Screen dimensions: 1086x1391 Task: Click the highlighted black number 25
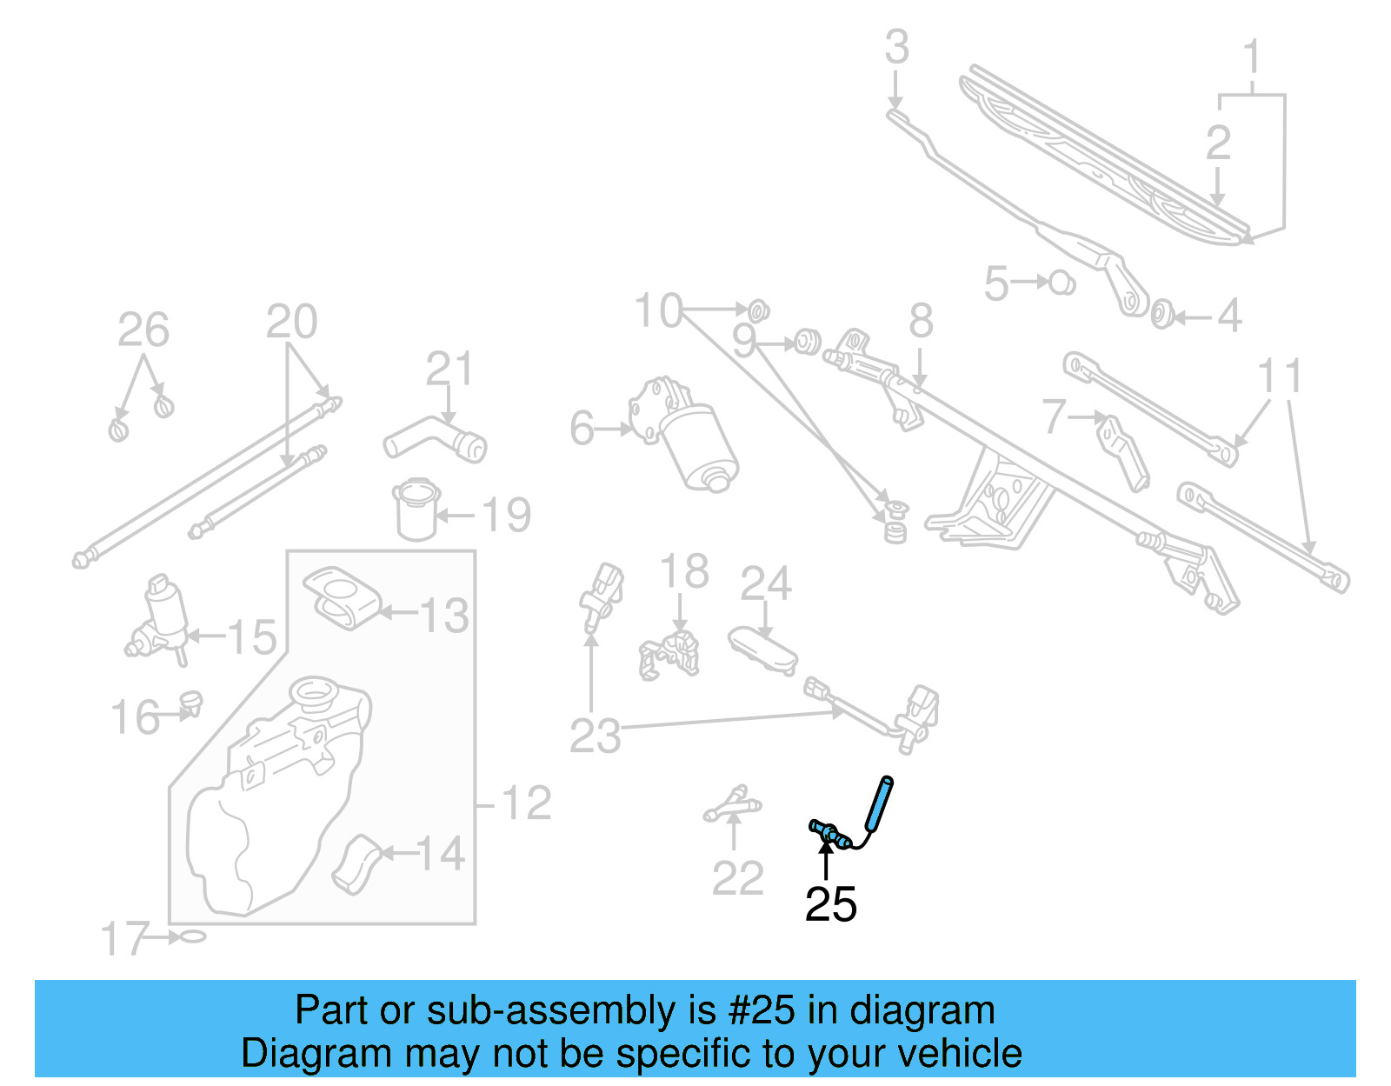830,904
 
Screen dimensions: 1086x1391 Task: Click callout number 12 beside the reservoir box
527,803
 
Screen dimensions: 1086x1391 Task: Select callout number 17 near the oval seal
125,939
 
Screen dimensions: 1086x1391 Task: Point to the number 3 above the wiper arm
896,47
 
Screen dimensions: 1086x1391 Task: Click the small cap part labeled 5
1062,283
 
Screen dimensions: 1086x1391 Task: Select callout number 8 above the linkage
921,321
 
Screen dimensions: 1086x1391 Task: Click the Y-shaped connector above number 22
733,805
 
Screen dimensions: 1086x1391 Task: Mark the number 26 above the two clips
143,330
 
